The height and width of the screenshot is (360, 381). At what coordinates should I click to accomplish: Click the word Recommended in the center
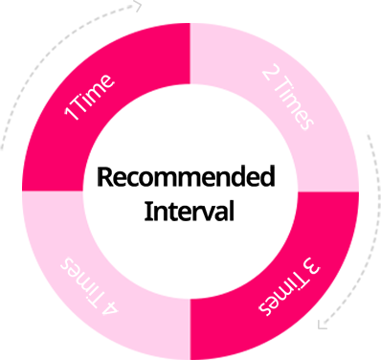coord(186,178)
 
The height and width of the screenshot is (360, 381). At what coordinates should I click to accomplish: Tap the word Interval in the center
coord(189,211)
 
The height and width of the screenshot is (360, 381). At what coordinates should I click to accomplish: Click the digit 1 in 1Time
coord(70,114)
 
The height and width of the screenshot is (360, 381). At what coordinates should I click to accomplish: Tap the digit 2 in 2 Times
coord(267,76)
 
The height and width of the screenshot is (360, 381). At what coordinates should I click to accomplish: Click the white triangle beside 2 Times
coord(308,68)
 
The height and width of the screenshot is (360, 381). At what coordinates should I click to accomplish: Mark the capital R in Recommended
coord(104,178)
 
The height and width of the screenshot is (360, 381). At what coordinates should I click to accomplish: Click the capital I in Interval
coord(147,211)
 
